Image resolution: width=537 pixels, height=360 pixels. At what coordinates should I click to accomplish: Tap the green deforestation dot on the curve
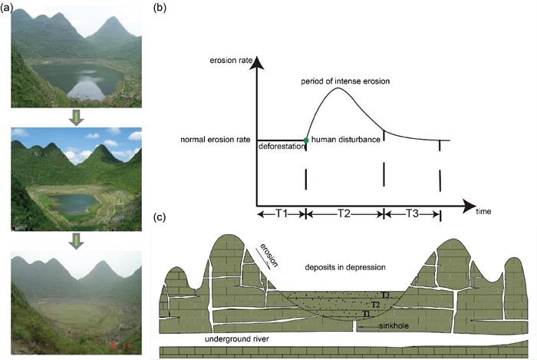pyautogui.click(x=306, y=140)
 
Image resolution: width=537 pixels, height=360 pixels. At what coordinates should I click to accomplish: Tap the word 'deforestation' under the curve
pyautogui.click(x=281, y=146)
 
